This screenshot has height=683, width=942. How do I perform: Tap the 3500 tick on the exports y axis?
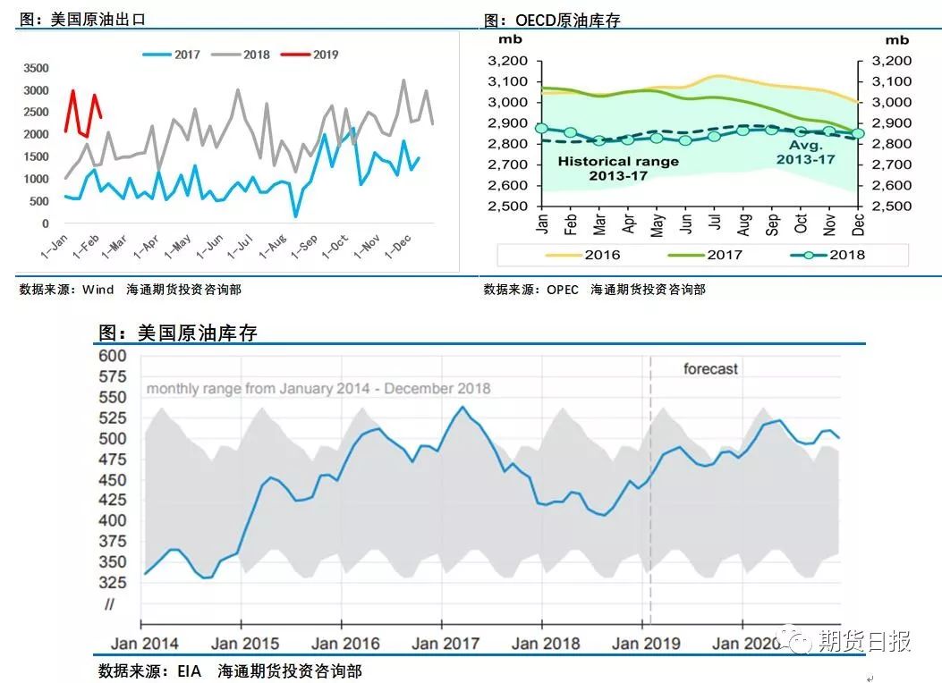37,68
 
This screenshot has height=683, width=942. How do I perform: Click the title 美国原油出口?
80,19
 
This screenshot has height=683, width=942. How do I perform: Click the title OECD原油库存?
550,20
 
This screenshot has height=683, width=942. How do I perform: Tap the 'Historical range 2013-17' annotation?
618,168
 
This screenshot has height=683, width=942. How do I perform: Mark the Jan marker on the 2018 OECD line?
541,129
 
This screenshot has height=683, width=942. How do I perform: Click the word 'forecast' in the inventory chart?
710,368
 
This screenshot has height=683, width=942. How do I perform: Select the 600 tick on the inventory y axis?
114,356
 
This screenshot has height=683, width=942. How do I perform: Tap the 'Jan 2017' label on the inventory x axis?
445,643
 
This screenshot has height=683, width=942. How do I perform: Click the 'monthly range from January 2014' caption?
318,389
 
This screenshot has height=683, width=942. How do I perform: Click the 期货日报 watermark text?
864,640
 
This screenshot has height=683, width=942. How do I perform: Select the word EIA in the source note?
189,670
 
